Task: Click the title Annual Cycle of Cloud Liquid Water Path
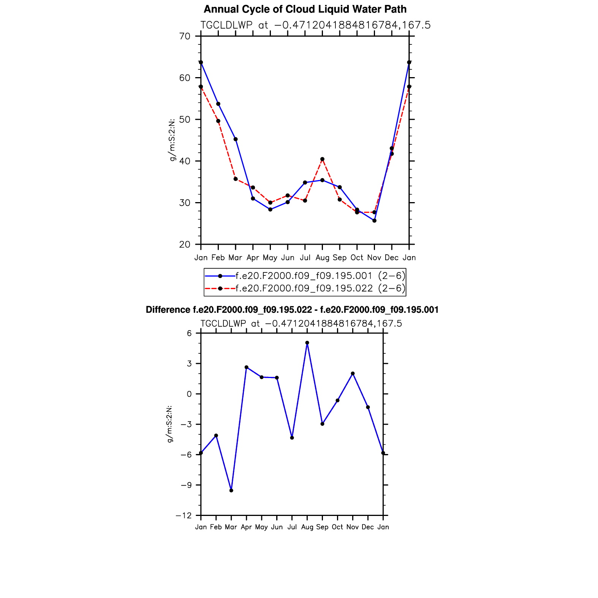(x=305, y=9)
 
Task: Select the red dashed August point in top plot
(x=322, y=159)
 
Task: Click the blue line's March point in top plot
(x=236, y=139)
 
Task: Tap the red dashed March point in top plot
(x=236, y=179)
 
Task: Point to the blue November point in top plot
(x=374, y=220)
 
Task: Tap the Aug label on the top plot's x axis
(x=322, y=258)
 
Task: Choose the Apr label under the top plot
(x=253, y=258)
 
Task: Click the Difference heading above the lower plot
(x=292, y=310)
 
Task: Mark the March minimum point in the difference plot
(x=231, y=490)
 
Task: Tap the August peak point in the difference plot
(x=307, y=343)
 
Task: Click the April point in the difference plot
(x=247, y=367)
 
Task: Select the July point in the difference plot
(x=292, y=438)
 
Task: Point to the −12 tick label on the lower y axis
(x=184, y=516)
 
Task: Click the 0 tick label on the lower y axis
(x=189, y=394)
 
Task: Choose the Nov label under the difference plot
(x=353, y=527)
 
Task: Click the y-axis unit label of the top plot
(x=172, y=140)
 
